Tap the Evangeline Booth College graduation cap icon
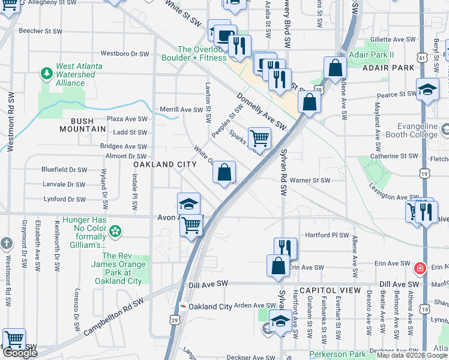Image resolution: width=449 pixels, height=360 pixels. coord(445,129)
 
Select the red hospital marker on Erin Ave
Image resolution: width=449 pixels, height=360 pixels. coord(420,267)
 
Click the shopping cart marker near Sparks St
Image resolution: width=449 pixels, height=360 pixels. coord(259,138)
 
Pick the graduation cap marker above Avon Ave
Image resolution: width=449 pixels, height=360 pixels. coord(188,203)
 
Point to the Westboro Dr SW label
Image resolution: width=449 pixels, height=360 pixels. coord(124,53)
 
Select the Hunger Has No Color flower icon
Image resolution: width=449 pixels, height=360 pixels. coord(115,230)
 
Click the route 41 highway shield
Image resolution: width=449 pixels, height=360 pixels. coord(424,58)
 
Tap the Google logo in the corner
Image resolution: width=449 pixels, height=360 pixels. coord(20,353)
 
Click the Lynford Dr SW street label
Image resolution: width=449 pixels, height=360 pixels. coord(64,199)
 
